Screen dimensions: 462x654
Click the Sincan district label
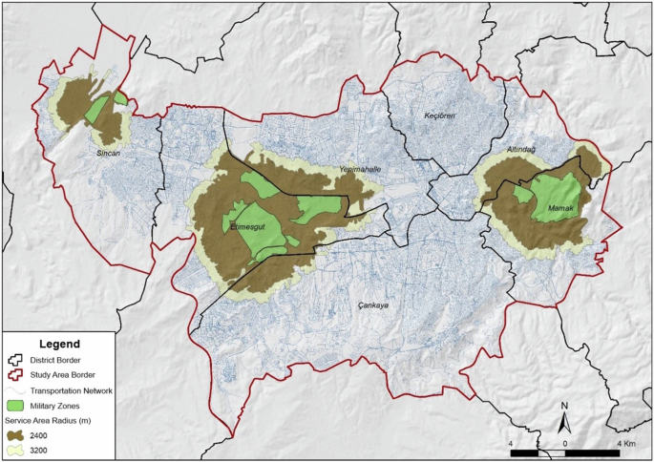pos(108,153)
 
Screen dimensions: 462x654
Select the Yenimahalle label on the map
pos(360,170)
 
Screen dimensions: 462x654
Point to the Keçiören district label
pos(441,115)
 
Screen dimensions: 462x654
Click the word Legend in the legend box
pos(59,344)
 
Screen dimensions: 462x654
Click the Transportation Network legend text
pos(72,390)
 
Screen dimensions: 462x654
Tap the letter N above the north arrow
pos(565,405)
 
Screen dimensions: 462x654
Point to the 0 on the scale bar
pos(566,444)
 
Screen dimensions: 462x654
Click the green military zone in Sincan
pos(95,110)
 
